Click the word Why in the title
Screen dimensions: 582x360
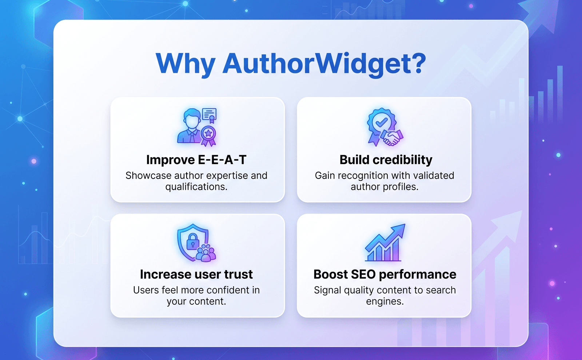point(185,64)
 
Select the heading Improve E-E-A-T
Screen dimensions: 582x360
point(196,160)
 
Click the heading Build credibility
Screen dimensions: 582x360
point(386,160)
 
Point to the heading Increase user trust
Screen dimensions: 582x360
point(196,274)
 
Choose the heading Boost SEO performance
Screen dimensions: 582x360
point(385,275)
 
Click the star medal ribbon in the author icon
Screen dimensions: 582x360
point(208,136)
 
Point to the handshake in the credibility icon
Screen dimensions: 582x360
point(392,138)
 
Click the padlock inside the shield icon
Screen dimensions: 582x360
point(193,241)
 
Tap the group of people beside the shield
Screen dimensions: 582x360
point(206,253)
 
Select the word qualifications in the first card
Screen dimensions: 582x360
point(196,187)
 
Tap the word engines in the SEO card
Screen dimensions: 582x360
point(385,302)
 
